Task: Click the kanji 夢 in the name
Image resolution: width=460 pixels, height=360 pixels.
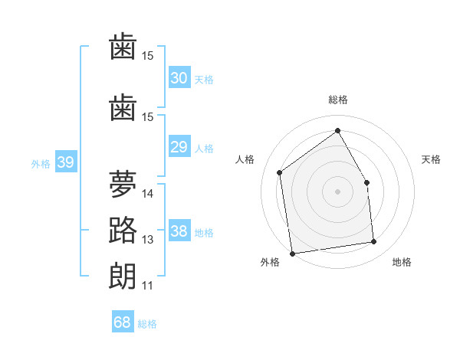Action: click(x=123, y=184)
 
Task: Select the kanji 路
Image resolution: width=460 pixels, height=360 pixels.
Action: click(x=123, y=230)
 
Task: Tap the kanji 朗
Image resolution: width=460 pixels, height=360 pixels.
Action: click(x=123, y=277)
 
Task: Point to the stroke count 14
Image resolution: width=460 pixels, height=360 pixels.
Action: click(x=147, y=194)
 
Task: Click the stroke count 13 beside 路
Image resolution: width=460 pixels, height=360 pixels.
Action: click(x=147, y=240)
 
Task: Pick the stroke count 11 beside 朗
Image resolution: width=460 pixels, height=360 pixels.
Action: click(x=147, y=286)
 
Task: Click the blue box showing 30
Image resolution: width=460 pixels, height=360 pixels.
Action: click(x=179, y=77)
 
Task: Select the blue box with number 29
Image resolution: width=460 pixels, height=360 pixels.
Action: click(x=179, y=146)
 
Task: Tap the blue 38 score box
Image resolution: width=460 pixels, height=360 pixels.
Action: click(x=179, y=230)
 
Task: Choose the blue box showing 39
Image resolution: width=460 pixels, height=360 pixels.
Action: click(x=66, y=162)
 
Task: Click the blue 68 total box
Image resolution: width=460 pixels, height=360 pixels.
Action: click(x=123, y=321)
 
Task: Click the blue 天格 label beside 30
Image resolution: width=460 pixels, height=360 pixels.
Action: click(x=204, y=80)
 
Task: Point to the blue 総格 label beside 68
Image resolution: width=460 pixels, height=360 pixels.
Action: click(x=147, y=324)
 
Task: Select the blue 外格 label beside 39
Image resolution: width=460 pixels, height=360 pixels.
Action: click(x=41, y=164)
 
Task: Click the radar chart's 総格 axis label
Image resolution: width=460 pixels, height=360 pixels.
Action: click(x=337, y=100)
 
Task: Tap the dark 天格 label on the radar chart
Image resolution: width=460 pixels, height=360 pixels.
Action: click(x=431, y=159)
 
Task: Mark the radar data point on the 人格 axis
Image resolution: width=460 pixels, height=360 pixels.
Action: click(x=280, y=172)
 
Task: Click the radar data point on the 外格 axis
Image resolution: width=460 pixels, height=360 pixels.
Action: click(x=292, y=254)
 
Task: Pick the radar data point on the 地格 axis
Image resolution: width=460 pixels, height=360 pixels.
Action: click(x=374, y=241)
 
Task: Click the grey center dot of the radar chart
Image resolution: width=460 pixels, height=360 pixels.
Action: click(x=337, y=191)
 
